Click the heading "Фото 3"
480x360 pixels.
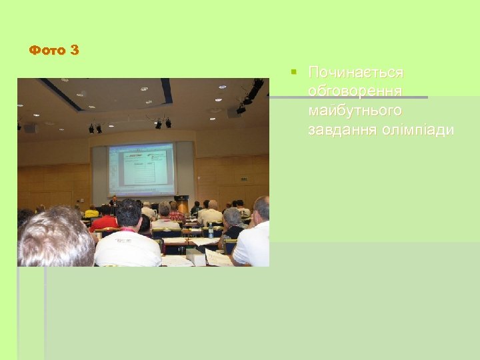(x=54, y=50)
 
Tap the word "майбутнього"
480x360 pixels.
(x=355, y=109)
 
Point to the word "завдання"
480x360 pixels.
(x=336, y=129)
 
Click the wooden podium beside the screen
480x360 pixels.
(x=183, y=203)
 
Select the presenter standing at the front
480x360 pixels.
(x=114, y=201)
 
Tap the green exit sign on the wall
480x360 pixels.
(x=244, y=179)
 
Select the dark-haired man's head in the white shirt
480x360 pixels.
(x=128, y=213)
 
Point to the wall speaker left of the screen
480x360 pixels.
(x=30, y=127)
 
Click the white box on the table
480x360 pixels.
(x=195, y=257)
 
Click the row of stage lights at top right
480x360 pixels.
(x=249, y=93)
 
